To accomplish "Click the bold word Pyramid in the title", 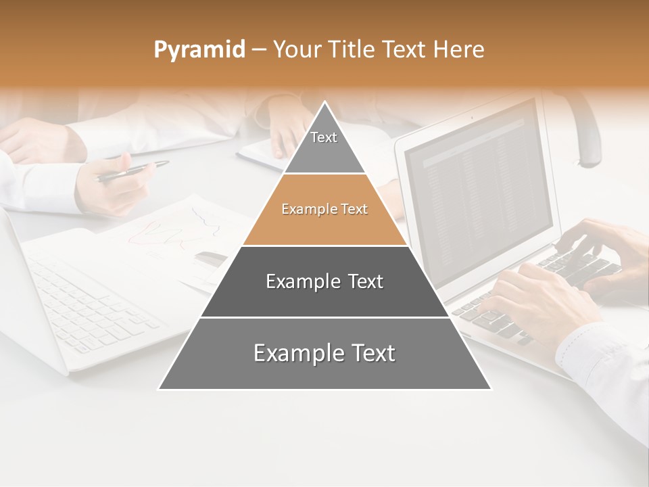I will tap(199, 50).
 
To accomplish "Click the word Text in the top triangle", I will tap(324, 137).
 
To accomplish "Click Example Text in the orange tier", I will tap(324, 209).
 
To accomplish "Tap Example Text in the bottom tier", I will tap(324, 353).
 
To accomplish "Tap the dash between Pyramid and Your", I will tap(258, 50).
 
